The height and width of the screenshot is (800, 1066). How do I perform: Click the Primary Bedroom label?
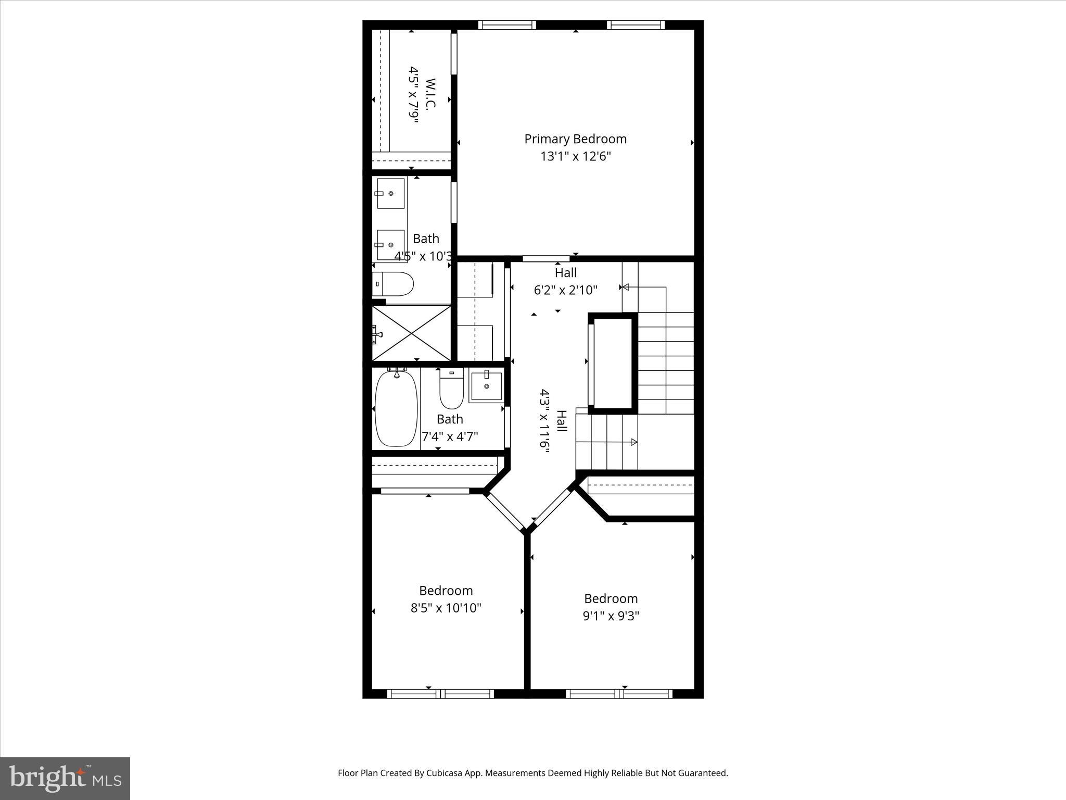pos(575,139)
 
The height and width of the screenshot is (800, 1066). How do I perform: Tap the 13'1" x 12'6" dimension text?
pos(575,156)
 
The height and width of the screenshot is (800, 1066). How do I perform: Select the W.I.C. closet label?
pos(430,94)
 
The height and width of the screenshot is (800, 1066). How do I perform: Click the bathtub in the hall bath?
pos(396,408)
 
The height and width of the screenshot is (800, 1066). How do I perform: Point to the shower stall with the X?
pos(412,333)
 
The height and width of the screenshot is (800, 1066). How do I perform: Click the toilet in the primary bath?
pos(394,284)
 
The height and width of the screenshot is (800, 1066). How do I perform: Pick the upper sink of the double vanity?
pos(390,193)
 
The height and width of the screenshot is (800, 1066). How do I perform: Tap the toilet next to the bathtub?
pos(451,389)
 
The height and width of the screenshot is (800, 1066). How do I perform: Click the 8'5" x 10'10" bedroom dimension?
pos(446,608)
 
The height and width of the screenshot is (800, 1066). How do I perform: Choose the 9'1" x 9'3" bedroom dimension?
pos(611,616)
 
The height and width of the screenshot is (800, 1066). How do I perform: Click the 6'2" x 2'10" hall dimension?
pos(565,290)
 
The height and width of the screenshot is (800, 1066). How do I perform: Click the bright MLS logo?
pos(65,778)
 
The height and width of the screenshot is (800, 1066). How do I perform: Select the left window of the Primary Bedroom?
pos(507,24)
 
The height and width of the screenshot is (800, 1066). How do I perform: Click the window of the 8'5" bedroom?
pos(440,694)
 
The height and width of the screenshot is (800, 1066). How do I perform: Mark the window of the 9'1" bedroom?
pos(619,694)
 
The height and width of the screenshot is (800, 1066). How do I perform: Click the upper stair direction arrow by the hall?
pos(626,287)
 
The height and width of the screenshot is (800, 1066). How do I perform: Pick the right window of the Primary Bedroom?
pos(636,24)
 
